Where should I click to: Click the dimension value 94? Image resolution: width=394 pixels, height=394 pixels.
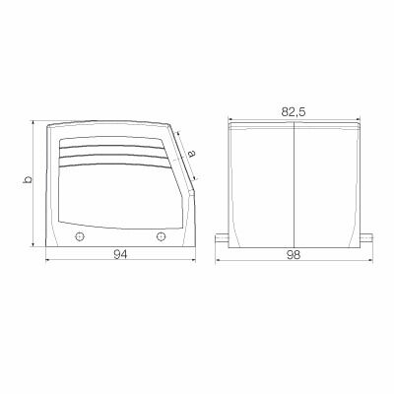click(x=121, y=254)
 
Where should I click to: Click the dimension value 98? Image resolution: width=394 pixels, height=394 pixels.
click(x=294, y=255)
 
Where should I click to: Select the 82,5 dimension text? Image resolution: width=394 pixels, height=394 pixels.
click(x=294, y=112)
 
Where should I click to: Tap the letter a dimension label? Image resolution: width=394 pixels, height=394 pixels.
click(x=191, y=154)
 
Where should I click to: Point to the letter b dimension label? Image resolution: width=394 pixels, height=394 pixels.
click(x=29, y=179)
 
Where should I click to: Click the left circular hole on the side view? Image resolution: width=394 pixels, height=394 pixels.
click(x=80, y=236)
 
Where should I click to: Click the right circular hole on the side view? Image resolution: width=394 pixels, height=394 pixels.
click(x=161, y=236)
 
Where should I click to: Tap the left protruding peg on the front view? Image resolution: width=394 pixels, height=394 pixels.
click(x=222, y=238)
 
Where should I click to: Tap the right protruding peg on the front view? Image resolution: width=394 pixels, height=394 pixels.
click(x=366, y=238)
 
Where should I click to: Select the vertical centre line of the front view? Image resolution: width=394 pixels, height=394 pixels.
click(x=294, y=185)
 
